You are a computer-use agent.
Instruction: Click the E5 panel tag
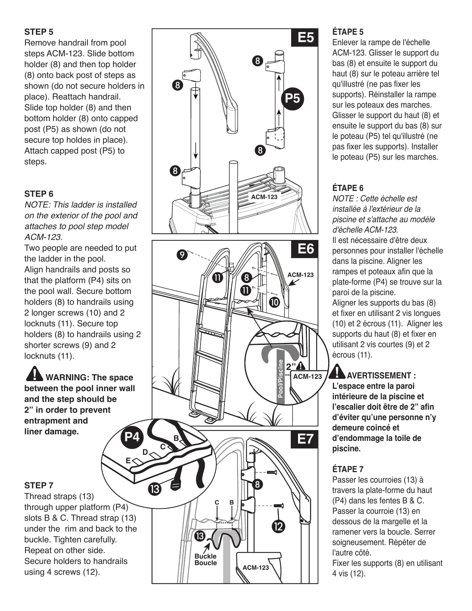[x=305, y=38]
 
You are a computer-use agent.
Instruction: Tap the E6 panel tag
[x=305, y=249]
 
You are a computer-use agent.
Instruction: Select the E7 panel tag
[x=305, y=439]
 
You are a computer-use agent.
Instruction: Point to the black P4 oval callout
[x=132, y=437]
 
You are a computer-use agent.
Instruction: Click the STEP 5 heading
[x=39, y=32]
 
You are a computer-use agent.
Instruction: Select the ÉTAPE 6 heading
[x=348, y=188]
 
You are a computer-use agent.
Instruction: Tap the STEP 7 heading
[x=39, y=485]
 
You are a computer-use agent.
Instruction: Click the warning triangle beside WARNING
[x=34, y=373]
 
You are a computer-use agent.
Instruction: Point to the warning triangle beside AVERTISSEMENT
[x=338, y=371]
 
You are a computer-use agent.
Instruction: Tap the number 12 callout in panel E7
[x=278, y=527]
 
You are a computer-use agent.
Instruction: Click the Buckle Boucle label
[x=206, y=559]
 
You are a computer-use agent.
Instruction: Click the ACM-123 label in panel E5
[x=264, y=197]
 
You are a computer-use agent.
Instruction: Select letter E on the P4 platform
[x=128, y=461]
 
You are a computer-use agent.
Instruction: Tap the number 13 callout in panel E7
[x=200, y=536]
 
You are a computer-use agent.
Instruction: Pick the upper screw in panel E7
[x=272, y=472]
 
